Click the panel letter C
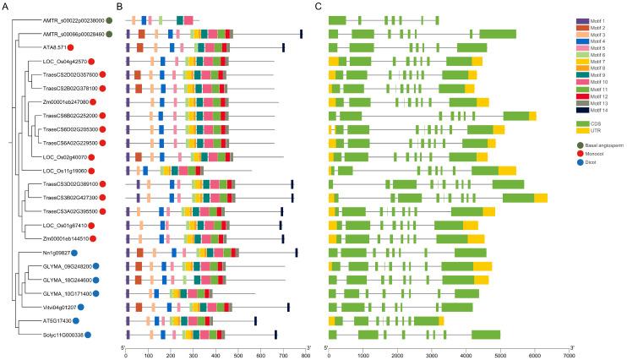pyautogui.click(x=317, y=7)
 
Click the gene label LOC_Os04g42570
pyautogui.click(x=64, y=62)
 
